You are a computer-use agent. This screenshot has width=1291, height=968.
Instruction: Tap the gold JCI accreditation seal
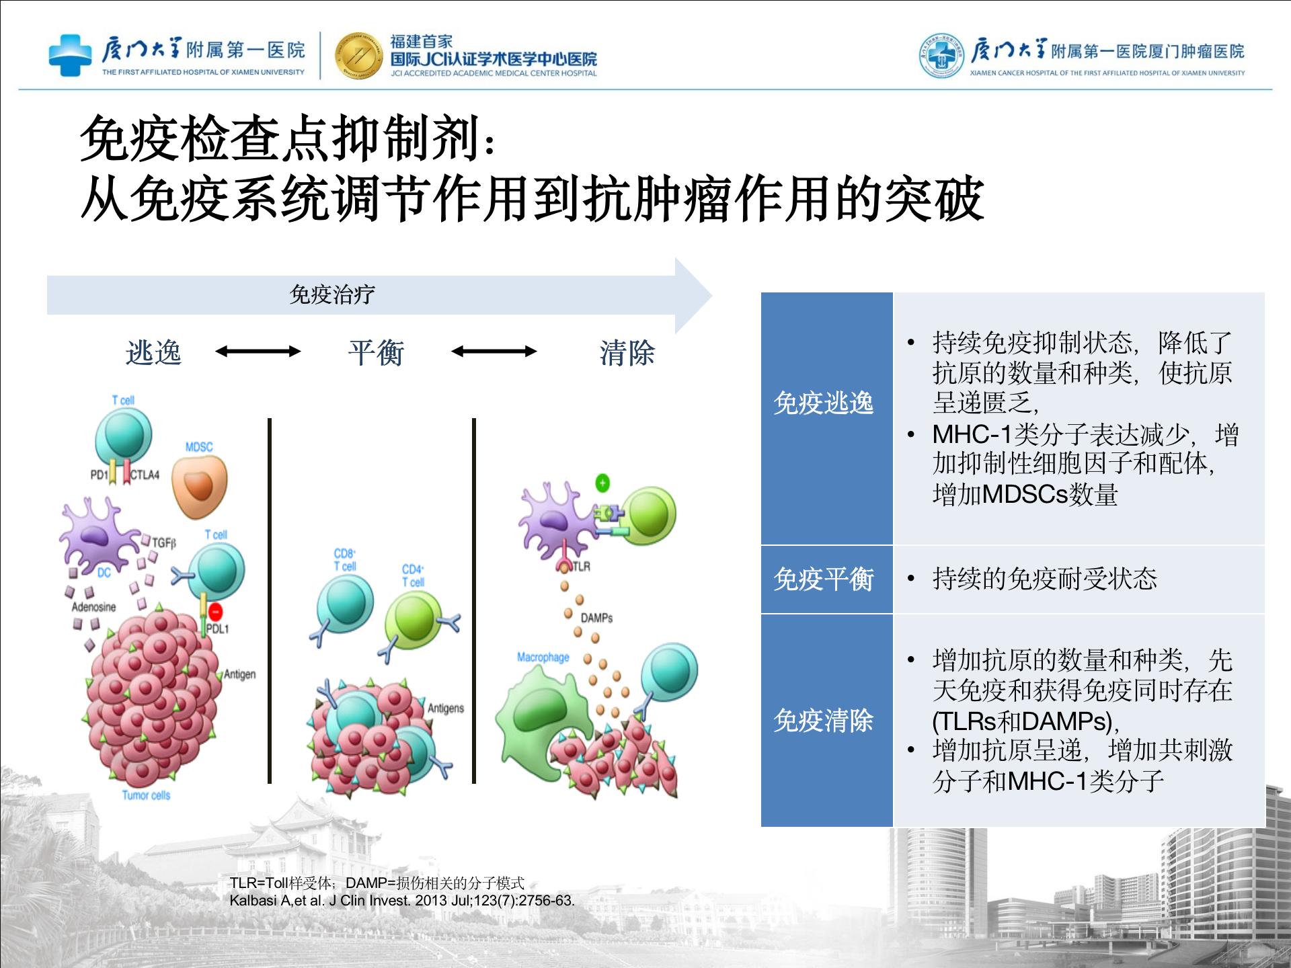coord(358,55)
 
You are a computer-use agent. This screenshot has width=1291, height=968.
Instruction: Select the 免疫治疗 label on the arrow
coord(332,294)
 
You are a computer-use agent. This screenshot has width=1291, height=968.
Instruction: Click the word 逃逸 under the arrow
coord(153,352)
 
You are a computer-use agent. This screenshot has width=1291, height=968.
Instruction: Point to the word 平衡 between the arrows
coord(376,352)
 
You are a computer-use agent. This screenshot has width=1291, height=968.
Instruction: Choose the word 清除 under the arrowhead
coord(627,352)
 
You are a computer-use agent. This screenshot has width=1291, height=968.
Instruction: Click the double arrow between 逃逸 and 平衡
coord(258,351)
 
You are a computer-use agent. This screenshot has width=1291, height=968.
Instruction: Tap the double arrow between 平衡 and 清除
coord(494,351)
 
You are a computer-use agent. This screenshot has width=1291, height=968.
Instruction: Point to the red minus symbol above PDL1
coord(215,612)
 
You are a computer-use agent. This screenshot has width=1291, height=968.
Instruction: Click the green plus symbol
coord(602,483)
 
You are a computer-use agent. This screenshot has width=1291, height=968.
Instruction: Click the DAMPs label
coord(596,618)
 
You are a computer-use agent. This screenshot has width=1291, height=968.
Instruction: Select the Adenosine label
coord(93,607)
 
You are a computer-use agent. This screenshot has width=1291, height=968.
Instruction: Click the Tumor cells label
coord(146,795)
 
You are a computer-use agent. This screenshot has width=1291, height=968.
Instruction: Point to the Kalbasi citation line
coord(402,901)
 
